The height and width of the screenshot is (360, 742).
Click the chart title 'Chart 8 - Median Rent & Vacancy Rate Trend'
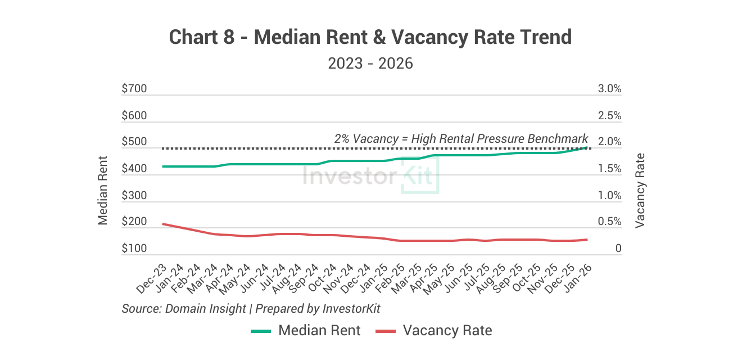[x=370, y=37]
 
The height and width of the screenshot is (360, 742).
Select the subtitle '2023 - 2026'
[x=370, y=63]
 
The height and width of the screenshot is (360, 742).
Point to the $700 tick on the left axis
[x=134, y=89]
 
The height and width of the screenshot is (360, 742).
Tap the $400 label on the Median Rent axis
[x=134, y=169]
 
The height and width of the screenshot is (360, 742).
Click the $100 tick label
[x=134, y=249]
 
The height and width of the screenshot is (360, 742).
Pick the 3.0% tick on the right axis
[x=609, y=89]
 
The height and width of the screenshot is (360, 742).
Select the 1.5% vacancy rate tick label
[x=609, y=169]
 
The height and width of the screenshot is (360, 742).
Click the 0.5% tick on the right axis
[x=609, y=222]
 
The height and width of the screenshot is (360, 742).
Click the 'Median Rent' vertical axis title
[x=103, y=190]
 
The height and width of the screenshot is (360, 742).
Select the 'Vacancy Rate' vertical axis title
[x=640, y=190]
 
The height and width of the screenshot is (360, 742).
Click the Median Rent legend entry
[x=306, y=331]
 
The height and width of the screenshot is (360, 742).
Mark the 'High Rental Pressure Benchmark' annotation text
[x=461, y=138]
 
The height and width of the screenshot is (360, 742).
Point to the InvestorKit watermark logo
[x=370, y=175]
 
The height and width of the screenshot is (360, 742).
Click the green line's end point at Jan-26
[x=587, y=147]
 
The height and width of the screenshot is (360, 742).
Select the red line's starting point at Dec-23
[x=162, y=224]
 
